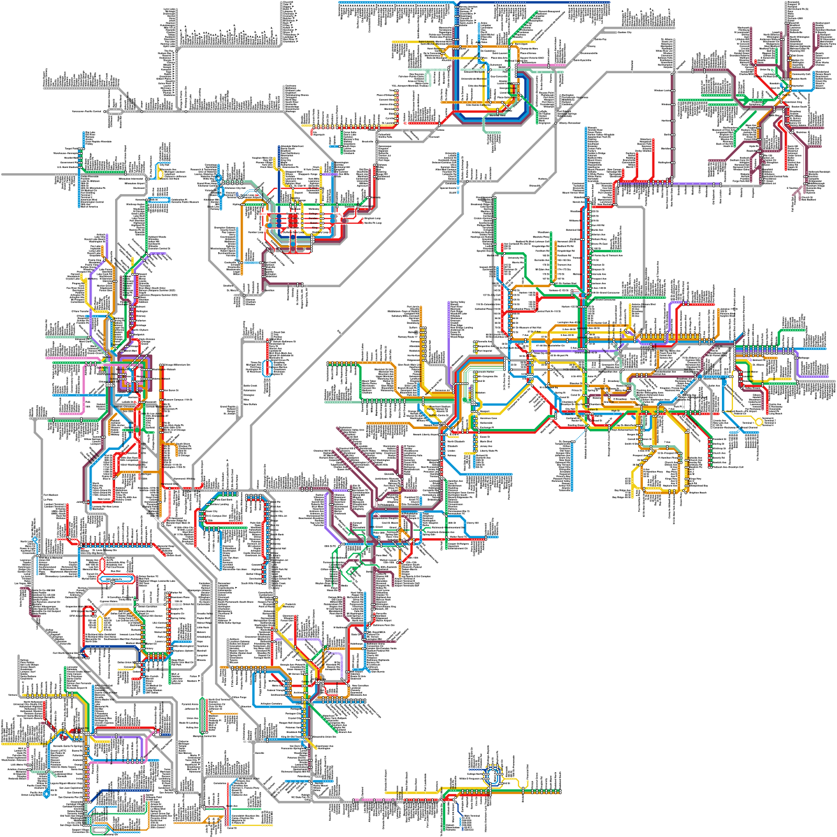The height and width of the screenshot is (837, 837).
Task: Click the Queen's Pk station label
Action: (292, 213)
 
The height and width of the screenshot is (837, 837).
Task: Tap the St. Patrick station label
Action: (293, 218)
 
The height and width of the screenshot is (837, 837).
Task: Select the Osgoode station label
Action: (293, 223)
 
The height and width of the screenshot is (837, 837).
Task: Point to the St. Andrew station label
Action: (292, 228)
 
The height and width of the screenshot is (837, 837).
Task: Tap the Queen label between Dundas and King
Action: (314, 223)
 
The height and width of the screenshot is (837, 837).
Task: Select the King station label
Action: (315, 228)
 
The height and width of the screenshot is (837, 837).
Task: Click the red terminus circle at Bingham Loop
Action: (363, 218)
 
